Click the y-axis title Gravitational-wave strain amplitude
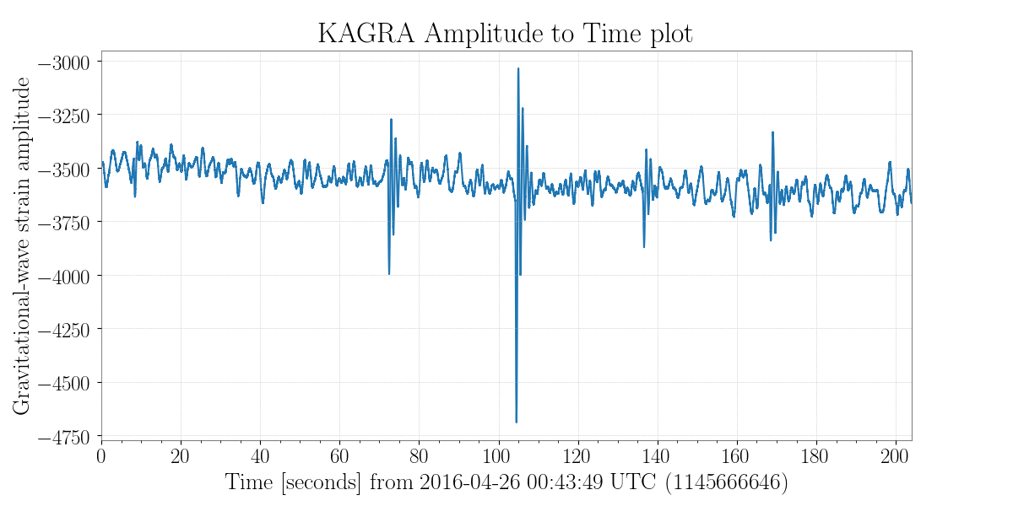pos(22,245)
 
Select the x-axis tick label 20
pos(181,456)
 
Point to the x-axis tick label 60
pos(339,456)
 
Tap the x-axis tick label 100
pos(498,456)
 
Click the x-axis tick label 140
pos(657,456)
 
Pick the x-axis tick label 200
pos(895,456)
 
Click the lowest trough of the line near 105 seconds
pos(516,422)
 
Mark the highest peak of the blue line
pos(518,68)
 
